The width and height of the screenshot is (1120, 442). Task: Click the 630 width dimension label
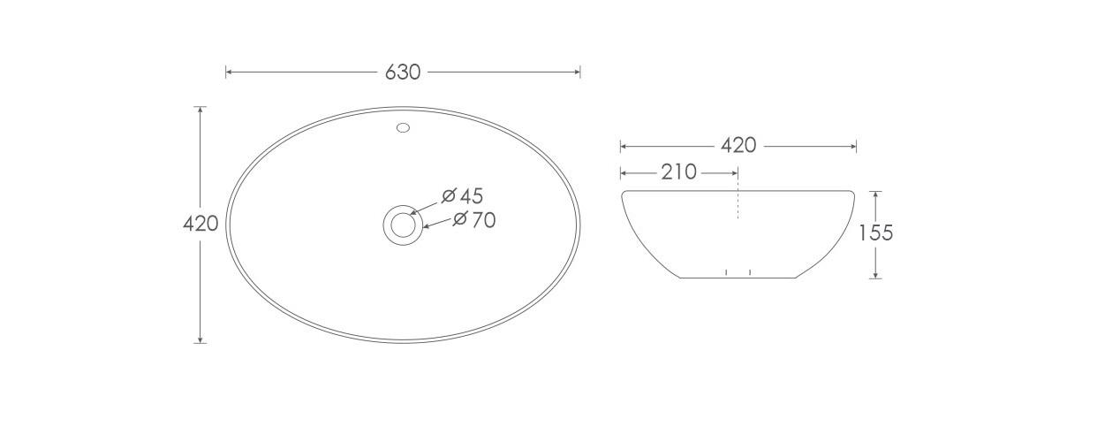(403, 72)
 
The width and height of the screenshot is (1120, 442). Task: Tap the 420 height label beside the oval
(201, 225)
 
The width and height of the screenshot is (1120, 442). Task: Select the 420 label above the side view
(738, 146)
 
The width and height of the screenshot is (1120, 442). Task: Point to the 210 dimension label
(678, 172)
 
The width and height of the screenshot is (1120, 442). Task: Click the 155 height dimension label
(875, 233)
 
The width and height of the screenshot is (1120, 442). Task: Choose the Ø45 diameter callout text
(463, 195)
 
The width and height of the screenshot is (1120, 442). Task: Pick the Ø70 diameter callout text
(474, 220)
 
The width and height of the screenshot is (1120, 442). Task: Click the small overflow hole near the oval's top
(404, 127)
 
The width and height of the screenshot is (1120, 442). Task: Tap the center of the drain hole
(403, 225)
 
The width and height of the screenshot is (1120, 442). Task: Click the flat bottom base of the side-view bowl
(738, 278)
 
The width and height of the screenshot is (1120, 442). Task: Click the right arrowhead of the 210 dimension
(735, 172)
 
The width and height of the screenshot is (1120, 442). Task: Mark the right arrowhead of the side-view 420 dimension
(853, 146)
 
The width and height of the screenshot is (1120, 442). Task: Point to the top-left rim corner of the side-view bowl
(624, 193)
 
